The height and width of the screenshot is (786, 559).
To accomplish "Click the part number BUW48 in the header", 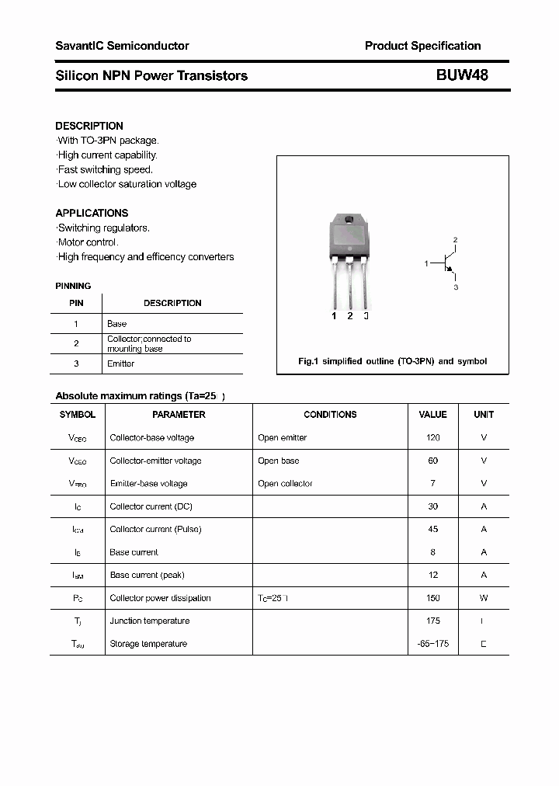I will click(x=462, y=75).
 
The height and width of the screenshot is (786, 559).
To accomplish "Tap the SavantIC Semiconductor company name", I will click(x=122, y=46).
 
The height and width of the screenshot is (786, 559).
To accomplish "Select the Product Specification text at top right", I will click(x=422, y=46).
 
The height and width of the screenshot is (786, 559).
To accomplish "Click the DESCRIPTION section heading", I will click(x=89, y=126).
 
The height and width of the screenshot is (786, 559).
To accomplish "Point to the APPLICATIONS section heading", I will click(x=92, y=213).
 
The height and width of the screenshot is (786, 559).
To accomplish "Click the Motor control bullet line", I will click(x=87, y=242).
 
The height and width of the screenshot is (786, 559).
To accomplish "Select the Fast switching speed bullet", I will click(x=105, y=169).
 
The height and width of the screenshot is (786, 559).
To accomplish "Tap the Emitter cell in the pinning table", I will click(x=120, y=363).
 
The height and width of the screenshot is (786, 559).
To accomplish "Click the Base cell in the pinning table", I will click(x=116, y=323).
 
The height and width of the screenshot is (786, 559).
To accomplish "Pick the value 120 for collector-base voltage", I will click(x=432, y=438).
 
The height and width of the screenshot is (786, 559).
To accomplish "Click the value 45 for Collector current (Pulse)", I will click(x=432, y=530).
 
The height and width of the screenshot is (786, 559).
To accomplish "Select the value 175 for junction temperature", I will click(x=432, y=621).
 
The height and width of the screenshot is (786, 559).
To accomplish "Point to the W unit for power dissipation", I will click(x=484, y=598).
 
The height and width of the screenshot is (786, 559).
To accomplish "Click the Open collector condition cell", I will click(x=285, y=484).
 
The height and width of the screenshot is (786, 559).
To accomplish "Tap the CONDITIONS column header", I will click(x=330, y=415).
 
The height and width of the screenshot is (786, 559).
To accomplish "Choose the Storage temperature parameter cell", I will click(x=148, y=644).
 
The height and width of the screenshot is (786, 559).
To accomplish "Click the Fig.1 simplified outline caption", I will click(x=393, y=361).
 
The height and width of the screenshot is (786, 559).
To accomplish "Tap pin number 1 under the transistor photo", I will click(x=334, y=316).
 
